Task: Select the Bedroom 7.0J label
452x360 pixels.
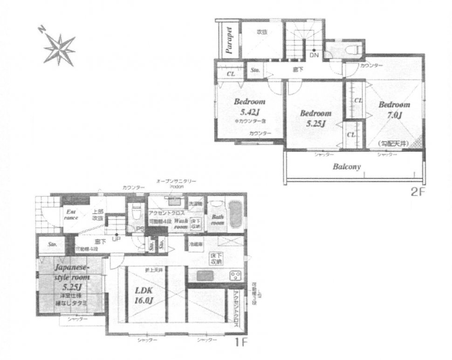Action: tap(393, 109)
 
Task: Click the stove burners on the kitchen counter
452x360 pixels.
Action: tap(234, 276)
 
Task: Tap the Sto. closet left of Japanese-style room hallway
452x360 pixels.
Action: tap(52, 244)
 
